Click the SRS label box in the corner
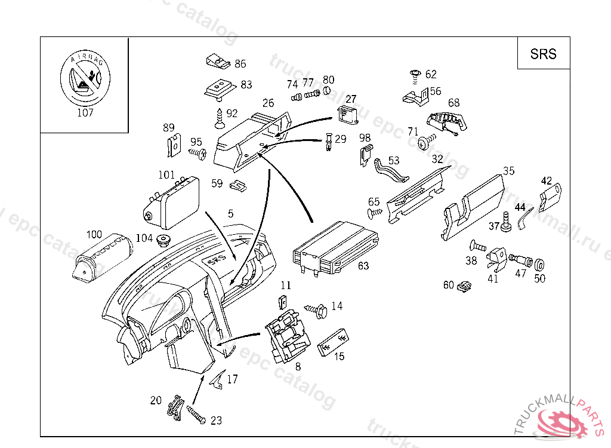[543, 54]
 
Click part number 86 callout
[240, 64]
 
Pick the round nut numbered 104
[162, 242]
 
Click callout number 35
[508, 171]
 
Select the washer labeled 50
[539, 264]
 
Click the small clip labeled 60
[464, 287]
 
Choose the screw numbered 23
[196, 414]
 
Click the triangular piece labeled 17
[217, 378]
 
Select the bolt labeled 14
[316, 309]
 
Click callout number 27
[351, 99]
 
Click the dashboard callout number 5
[230, 213]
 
